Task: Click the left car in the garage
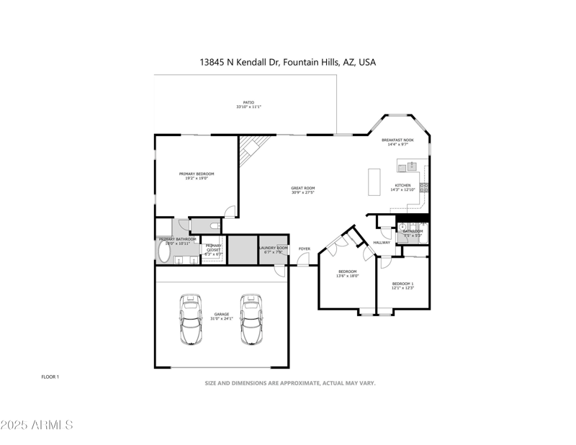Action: [x=190, y=320]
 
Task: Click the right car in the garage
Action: [x=251, y=320]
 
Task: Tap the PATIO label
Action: [x=248, y=102]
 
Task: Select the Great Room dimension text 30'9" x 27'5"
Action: [x=303, y=192]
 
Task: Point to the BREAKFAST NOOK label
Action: [x=397, y=140]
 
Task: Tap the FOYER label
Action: [x=305, y=249]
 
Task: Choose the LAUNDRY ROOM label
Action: [x=274, y=248]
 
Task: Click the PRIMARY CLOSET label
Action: [x=213, y=246]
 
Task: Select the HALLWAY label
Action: [x=382, y=243]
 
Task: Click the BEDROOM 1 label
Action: [x=402, y=284]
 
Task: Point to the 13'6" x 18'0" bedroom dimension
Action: [x=348, y=276]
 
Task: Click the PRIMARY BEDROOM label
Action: [x=197, y=174]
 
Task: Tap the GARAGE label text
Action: [x=221, y=314]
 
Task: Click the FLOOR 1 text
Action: [x=50, y=377]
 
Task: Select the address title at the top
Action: [x=287, y=63]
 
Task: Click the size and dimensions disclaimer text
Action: [x=290, y=383]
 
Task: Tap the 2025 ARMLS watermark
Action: [x=37, y=425]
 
